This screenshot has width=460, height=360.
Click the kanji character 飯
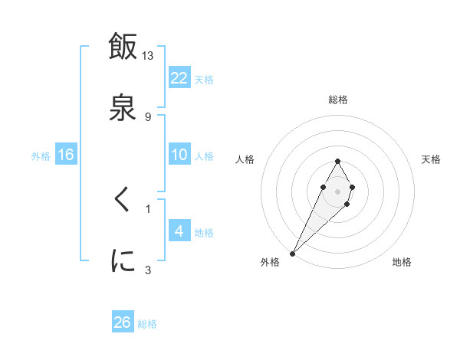tap(123, 46)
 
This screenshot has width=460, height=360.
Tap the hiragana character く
tap(123, 201)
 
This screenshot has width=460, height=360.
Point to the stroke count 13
tap(148, 55)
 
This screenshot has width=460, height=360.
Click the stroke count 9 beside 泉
tap(148, 116)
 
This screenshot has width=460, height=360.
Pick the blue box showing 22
tap(179, 77)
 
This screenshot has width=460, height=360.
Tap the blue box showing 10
tap(179, 155)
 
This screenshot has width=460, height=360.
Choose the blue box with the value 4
tap(179, 231)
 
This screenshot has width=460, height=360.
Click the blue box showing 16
tap(66, 155)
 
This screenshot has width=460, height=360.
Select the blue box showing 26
tap(123, 322)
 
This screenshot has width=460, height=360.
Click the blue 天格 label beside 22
tap(204, 79)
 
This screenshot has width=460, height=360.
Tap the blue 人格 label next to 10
tap(204, 156)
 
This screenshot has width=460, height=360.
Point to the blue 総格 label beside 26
tap(147, 324)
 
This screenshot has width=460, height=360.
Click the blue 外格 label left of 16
tap(41, 156)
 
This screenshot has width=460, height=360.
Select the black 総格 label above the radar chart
tap(338, 100)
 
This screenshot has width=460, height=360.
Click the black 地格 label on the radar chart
tap(402, 262)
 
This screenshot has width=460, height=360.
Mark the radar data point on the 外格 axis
tap(293, 253)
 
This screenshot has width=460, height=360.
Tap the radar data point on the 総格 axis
tap(337, 161)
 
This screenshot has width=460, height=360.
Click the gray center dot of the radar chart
tap(337, 190)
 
